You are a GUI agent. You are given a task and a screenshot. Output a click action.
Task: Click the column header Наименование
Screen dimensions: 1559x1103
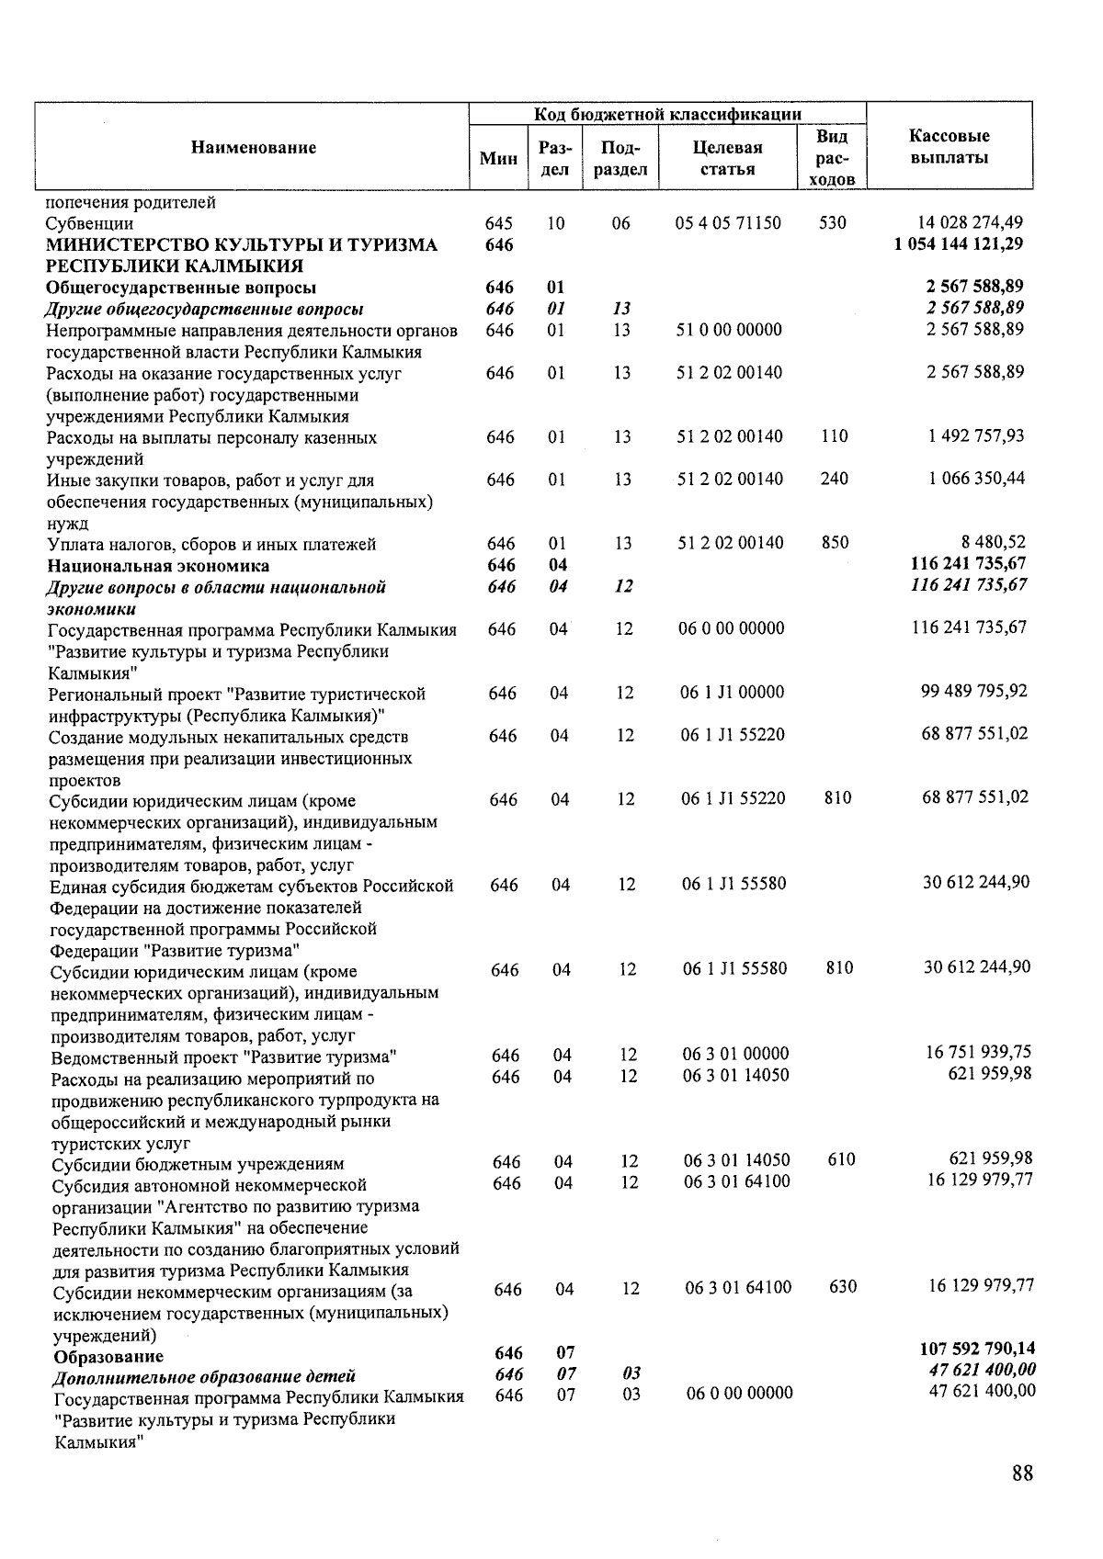(254, 147)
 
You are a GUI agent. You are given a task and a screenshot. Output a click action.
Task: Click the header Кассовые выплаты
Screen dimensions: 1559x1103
(949, 147)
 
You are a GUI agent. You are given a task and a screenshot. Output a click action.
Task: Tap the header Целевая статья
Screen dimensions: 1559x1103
(727, 158)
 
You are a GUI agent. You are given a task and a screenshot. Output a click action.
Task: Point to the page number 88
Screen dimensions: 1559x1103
(1022, 1473)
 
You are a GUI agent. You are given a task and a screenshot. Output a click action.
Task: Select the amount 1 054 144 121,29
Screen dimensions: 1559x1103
(958, 243)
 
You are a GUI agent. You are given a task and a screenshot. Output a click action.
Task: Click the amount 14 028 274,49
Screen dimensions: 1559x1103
(971, 222)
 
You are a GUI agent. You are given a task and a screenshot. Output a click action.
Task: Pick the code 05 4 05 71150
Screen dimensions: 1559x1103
(728, 222)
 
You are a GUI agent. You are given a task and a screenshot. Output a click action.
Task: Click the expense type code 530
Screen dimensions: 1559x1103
(832, 222)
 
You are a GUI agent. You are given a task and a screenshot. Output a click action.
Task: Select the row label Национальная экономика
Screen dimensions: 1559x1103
(159, 565)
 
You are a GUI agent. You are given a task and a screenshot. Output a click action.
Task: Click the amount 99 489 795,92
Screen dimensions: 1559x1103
(974, 691)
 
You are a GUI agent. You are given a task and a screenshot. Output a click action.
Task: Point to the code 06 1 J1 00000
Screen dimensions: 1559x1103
(732, 692)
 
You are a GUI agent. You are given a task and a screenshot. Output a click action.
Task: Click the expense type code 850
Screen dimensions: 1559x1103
(835, 542)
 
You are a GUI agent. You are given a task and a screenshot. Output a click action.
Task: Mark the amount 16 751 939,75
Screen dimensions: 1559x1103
(978, 1053)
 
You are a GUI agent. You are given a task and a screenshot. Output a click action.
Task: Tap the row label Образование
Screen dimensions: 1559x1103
(108, 1356)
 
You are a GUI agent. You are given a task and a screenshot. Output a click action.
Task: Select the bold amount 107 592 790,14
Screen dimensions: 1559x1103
(976, 1349)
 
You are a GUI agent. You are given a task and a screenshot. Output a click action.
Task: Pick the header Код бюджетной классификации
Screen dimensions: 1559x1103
(668, 114)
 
